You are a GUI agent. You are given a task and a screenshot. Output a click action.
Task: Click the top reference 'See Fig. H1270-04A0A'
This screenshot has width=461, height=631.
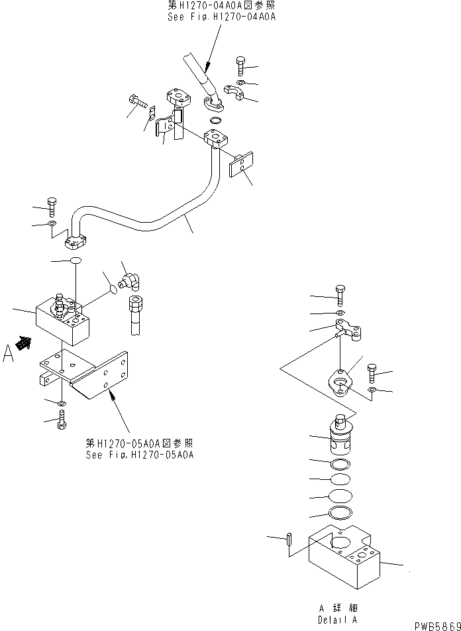pyautogui.click(x=221, y=16)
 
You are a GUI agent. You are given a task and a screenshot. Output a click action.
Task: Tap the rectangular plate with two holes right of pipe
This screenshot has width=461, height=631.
pyautogui.click(x=242, y=164)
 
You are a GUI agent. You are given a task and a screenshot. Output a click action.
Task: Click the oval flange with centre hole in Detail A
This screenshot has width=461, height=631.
pyautogui.click(x=340, y=385)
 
